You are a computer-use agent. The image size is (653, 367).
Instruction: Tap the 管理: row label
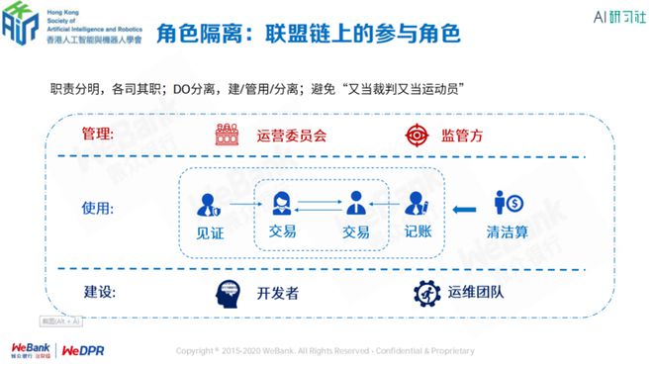coord(98,134)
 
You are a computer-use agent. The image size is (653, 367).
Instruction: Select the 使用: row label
coord(98,209)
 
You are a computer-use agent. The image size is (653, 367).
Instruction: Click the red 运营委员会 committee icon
coord(229,135)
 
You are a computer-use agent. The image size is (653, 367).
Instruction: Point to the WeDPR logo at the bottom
coord(83,351)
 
